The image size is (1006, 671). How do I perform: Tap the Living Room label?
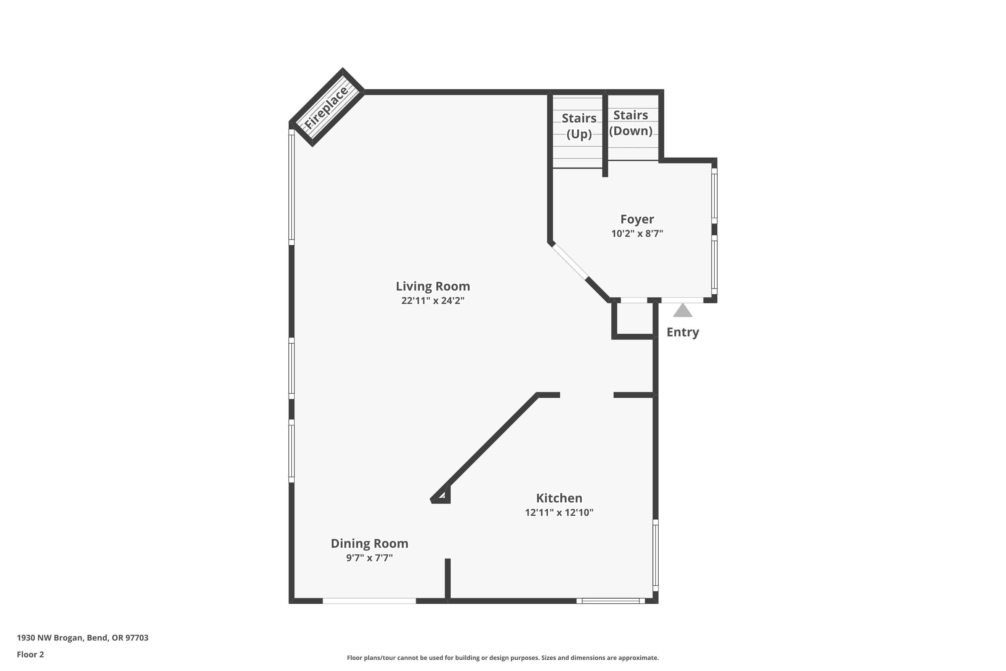pos(433,286)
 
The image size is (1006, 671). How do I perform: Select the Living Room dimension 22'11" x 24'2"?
pos(433,300)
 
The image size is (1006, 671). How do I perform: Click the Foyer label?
pos(637,219)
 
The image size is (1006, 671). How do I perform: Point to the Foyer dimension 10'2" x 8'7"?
pos(637,234)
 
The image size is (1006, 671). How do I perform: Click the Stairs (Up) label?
pos(579,126)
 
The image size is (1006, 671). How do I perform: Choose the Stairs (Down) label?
pos(630,123)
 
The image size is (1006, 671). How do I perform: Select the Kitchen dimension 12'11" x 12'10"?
pos(559,512)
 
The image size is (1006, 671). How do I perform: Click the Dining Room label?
pos(369,544)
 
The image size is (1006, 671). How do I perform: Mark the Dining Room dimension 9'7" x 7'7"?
pos(369,558)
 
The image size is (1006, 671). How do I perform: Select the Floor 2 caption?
pos(31,654)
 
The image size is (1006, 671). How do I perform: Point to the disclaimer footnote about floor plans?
pos(503,658)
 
